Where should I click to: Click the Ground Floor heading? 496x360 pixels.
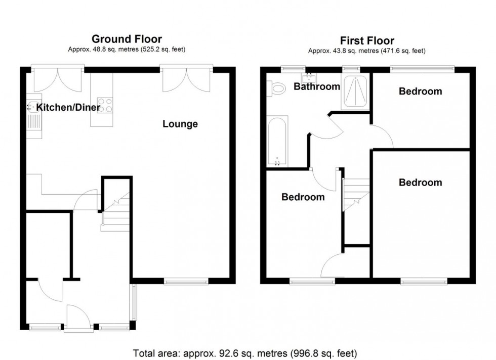click(x=127, y=39)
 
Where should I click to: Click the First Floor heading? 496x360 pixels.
click(x=366, y=40)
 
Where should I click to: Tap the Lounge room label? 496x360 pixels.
click(x=180, y=124)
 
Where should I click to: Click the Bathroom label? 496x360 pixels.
click(x=317, y=86)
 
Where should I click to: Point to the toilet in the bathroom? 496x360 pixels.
click(x=277, y=89)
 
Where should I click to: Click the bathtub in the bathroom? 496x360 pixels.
click(x=277, y=142)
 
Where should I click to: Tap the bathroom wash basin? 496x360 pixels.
click(x=307, y=78)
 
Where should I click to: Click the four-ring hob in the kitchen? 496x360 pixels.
click(x=105, y=105)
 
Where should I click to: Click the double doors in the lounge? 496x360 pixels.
click(x=187, y=80)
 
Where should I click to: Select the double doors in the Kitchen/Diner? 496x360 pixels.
click(x=57, y=80)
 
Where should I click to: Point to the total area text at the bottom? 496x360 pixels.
click(x=245, y=352)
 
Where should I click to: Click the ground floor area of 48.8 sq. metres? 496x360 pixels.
click(x=127, y=50)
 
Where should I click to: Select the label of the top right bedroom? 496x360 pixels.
click(x=420, y=92)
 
